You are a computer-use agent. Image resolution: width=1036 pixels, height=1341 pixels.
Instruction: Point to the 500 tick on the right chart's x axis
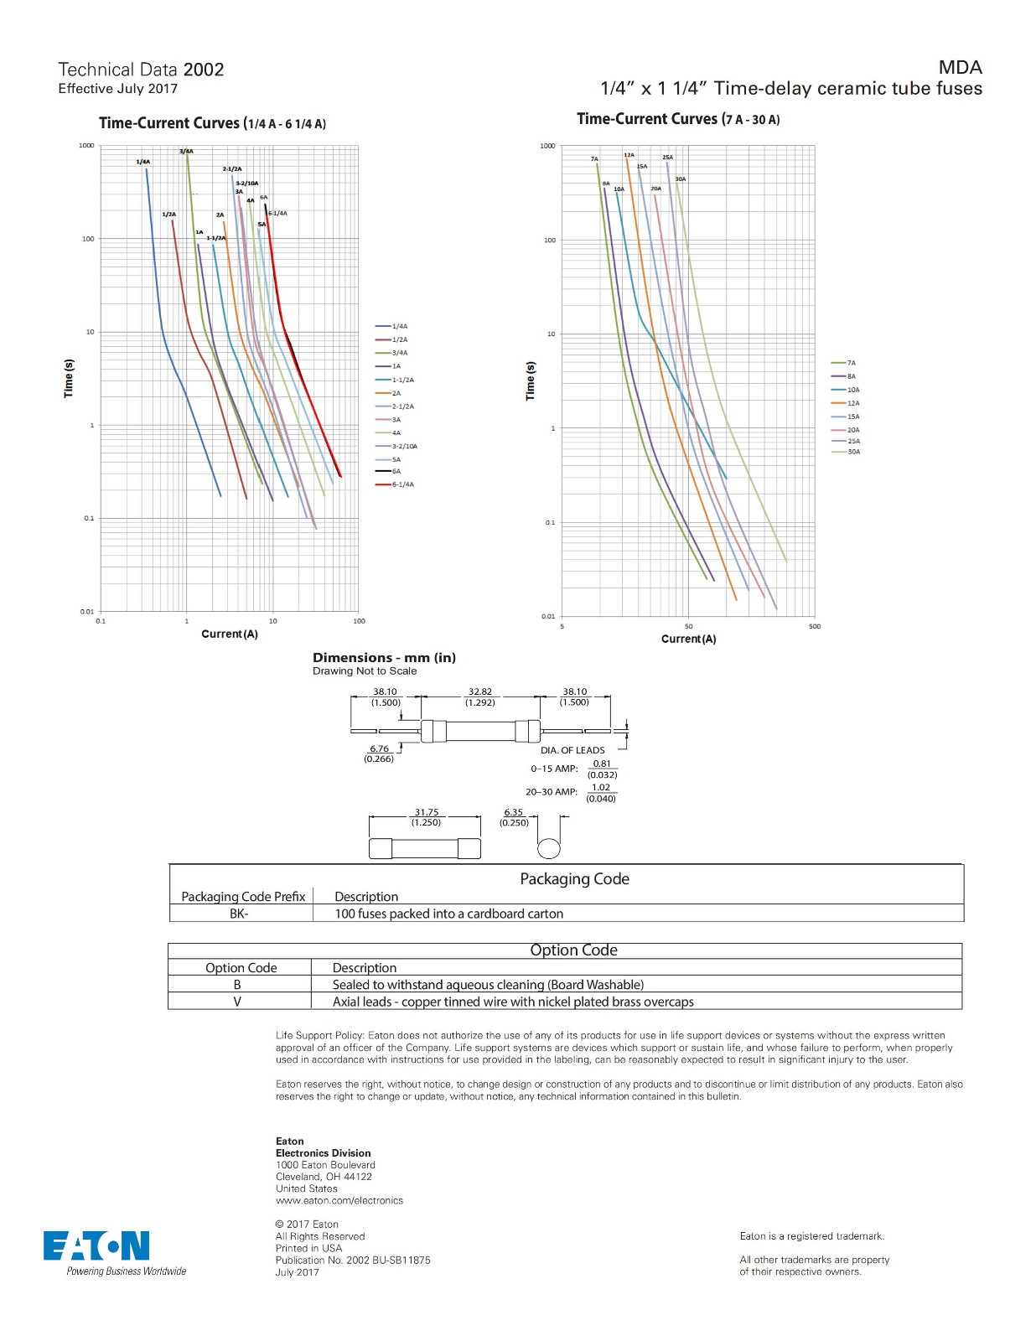click(x=814, y=626)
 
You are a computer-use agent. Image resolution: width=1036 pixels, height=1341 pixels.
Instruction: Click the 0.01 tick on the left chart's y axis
click(x=87, y=611)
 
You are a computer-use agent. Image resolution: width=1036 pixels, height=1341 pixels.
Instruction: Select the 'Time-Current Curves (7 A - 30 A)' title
click(x=677, y=119)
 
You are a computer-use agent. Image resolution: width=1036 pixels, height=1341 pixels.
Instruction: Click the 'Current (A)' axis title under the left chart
click(x=230, y=634)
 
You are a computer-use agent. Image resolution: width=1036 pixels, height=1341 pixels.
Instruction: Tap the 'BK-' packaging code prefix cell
click(x=239, y=914)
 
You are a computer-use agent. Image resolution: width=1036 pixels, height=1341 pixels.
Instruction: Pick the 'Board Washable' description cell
click(x=488, y=985)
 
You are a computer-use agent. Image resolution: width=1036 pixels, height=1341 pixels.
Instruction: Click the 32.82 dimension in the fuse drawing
click(x=480, y=692)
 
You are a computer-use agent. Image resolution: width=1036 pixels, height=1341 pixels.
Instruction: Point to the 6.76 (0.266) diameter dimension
click(x=379, y=753)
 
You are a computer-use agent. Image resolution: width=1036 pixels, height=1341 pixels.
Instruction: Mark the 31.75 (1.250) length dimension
click(x=426, y=817)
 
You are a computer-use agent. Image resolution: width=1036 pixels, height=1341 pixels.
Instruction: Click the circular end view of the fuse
click(x=548, y=847)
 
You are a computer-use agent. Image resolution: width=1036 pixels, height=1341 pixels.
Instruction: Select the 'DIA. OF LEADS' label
click(x=572, y=750)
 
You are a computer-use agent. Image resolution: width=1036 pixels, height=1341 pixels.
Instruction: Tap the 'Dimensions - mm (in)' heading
click(x=384, y=658)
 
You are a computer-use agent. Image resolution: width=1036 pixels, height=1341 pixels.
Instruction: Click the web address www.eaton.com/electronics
click(x=339, y=1200)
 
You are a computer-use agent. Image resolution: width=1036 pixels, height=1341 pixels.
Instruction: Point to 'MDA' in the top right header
click(x=960, y=67)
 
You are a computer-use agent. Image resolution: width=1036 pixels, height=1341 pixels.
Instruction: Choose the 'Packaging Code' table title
click(x=574, y=878)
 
